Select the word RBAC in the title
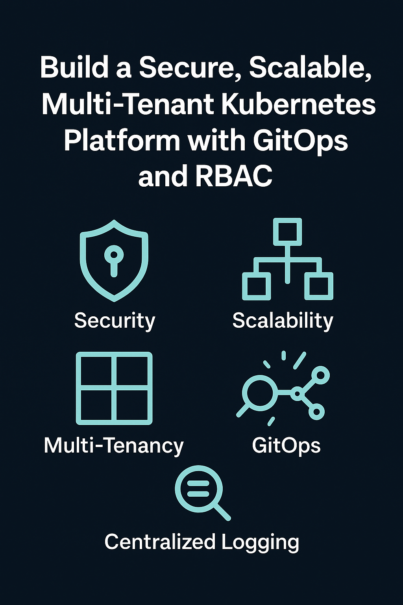point(233,176)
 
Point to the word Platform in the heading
point(122,141)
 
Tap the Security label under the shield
point(115,320)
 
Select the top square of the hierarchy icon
point(287,231)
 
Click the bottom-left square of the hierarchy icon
point(256,286)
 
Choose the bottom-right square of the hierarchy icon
point(319,286)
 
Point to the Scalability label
point(283,320)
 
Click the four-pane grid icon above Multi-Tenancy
point(114,388)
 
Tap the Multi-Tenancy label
point(114,445)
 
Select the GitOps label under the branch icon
point(286,445)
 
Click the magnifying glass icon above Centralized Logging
point(200,489)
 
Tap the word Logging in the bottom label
point(260,542)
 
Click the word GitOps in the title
point(300,141)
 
